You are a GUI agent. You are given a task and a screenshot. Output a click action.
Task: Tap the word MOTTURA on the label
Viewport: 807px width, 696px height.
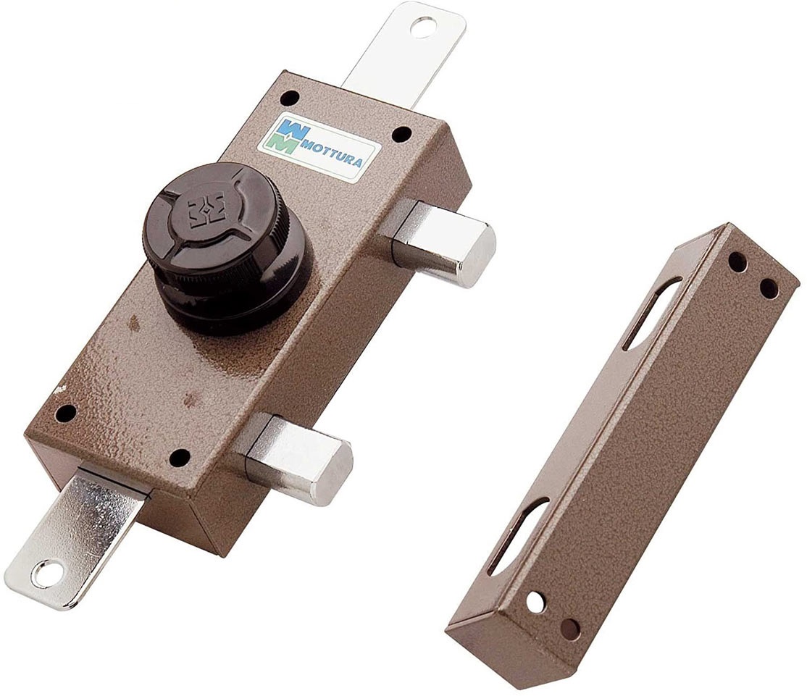pyautogui.click(x=331, y=151)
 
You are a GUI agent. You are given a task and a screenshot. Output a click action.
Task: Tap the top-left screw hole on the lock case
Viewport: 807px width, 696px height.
pyautogui.click(x=290, y=97)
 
